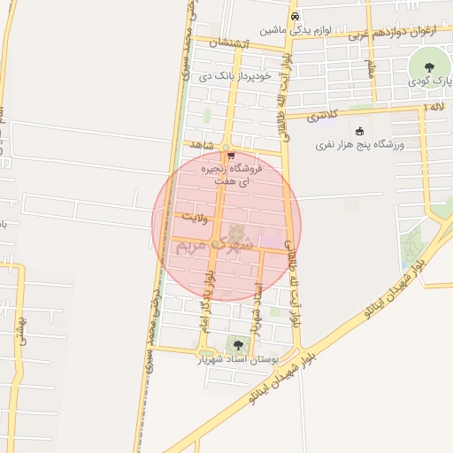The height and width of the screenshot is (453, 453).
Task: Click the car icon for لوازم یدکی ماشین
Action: (296, 15)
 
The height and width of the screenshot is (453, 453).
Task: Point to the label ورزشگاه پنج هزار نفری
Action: (359, 144)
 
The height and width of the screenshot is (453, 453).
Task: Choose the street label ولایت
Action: (192, 216)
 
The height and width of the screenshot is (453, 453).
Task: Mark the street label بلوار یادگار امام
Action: (209, 283)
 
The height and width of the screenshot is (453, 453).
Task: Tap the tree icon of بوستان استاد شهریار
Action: (236, 344)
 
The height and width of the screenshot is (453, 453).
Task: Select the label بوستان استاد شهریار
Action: (237, 360)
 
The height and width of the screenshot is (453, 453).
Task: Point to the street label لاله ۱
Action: (433, 106)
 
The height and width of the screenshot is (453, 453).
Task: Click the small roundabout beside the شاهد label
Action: (226, 147)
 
